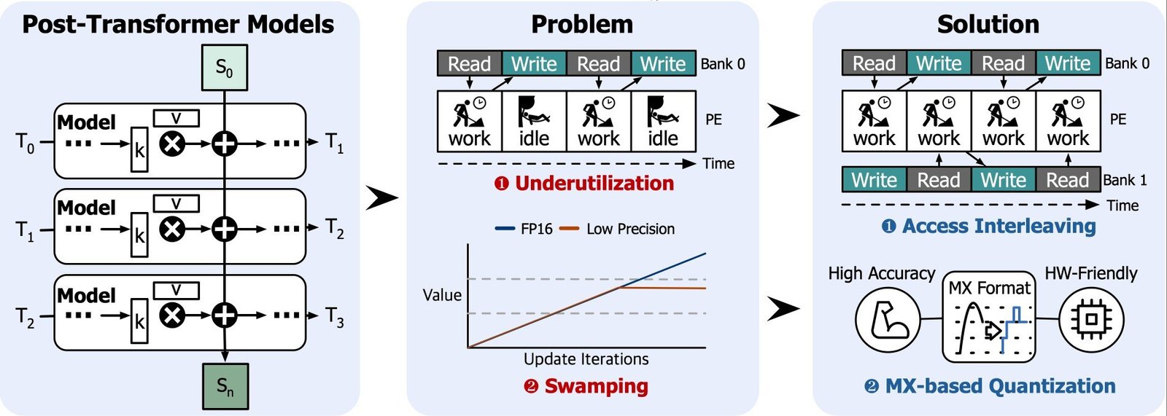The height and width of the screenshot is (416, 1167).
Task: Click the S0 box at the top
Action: tap(224, 68)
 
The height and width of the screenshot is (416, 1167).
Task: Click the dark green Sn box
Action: tap(225, 386)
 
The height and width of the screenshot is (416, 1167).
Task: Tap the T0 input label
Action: tap(25, 142)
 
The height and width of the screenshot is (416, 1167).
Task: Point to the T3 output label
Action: tap(334, 317)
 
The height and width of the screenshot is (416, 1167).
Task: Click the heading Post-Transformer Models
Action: tap(178, 24)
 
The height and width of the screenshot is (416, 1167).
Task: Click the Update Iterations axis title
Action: tap(586, 358)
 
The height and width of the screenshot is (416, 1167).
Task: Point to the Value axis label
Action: tap(442, 295)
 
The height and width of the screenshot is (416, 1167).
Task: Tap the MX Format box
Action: tap(989, 317)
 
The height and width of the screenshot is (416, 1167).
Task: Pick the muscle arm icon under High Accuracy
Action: tap(887, 319)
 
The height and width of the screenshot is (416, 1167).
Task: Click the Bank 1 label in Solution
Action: tap(1125, 180)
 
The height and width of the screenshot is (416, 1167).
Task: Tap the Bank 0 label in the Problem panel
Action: tap(723, 64)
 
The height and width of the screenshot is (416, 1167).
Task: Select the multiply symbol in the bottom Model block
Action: tap(172, 315)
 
